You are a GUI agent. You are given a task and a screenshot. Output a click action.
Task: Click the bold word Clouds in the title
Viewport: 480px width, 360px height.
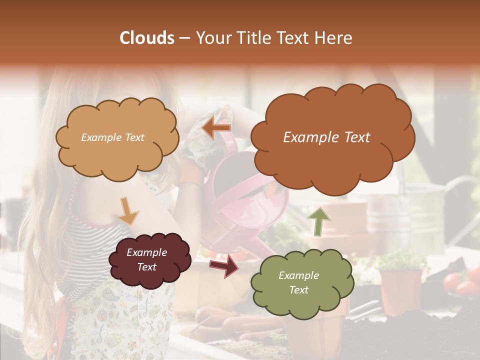tap(147, 38)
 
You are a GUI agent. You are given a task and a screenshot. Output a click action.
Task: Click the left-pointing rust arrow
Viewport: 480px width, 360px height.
tap(216, 129)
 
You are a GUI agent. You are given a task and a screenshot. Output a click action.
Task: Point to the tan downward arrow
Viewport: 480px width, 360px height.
tap(128, 210)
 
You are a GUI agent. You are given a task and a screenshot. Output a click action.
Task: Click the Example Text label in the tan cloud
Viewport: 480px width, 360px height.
tap(112, 137)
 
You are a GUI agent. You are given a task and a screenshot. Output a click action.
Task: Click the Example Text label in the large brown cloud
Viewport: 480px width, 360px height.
tap(326, 137)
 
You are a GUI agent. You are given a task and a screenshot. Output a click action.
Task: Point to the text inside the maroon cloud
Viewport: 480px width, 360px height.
tap(146, 259)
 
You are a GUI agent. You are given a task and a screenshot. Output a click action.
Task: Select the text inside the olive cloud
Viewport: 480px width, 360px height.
tap(298, 282)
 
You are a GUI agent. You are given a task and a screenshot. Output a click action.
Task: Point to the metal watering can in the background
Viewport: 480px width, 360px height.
tap(425, 210)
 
